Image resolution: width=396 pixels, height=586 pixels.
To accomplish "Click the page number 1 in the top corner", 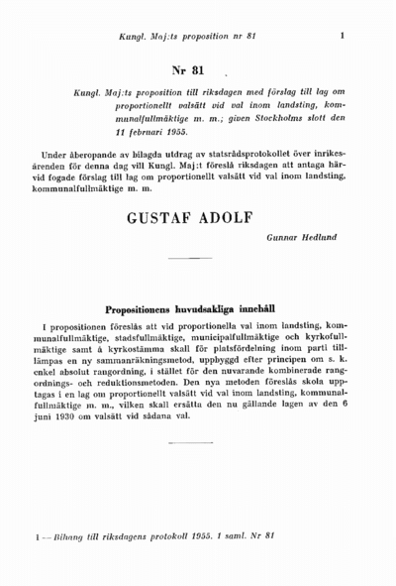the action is (342, 37).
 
